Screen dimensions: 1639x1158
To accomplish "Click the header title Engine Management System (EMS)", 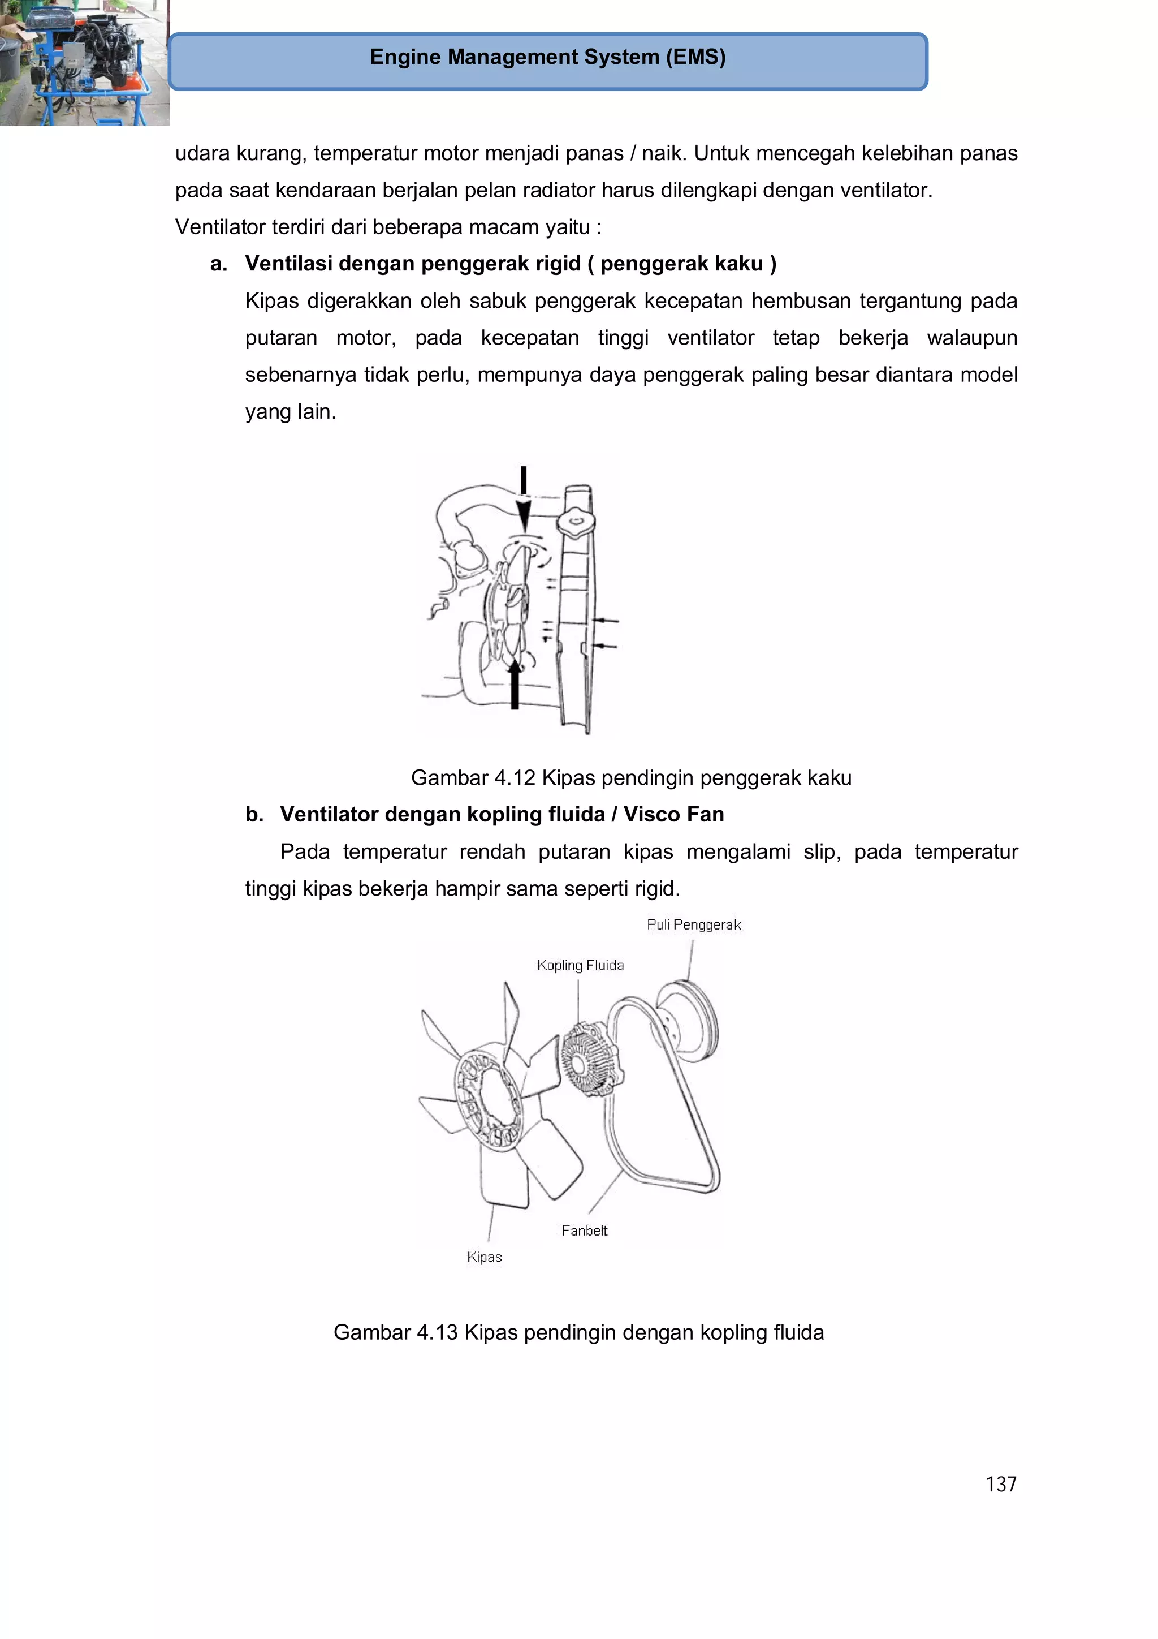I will [547, 57].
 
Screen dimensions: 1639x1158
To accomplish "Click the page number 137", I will [1000, 1484].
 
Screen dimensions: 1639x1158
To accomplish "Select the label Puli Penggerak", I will [694, 925].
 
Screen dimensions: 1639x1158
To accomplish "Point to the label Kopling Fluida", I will [580, 966].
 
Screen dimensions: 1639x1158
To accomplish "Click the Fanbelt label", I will [584, 1231].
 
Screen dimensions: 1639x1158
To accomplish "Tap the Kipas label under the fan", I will [484, 1257].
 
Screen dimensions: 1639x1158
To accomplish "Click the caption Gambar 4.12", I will [630, 777].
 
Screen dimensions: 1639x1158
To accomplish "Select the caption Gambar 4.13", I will [578, 1332].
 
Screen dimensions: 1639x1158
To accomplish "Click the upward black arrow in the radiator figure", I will [515, 685].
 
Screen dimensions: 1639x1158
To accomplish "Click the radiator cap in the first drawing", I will [577, 523].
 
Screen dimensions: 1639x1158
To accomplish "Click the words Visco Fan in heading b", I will [673, 815].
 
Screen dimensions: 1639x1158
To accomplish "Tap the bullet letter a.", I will [218, 264].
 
